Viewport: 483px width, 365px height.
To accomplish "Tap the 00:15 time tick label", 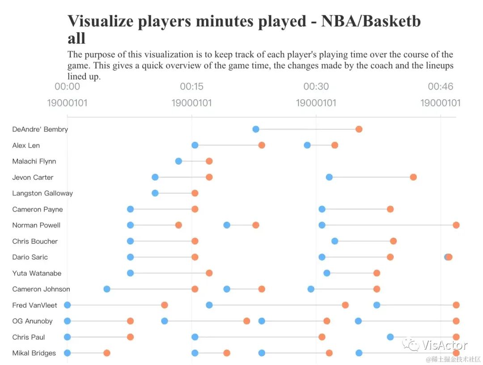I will pos(192,87).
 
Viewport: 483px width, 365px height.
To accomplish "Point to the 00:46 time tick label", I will pos(441,87).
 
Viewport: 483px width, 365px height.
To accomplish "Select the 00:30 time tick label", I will pos(316,87).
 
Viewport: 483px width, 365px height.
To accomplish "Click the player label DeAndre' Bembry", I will pos(40,129).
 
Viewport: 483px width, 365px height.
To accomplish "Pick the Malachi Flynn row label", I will pos(34,161).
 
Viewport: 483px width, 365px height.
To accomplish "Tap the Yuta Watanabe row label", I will pos(37,273).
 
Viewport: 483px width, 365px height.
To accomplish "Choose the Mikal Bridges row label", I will pos(34,353).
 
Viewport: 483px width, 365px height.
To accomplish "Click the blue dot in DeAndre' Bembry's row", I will pos(256,129).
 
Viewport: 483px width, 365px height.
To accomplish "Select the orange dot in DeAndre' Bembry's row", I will pos(359,129).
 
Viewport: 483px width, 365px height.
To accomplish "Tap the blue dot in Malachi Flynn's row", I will pos(178,161).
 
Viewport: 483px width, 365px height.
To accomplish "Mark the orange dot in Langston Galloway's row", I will pos(195,193).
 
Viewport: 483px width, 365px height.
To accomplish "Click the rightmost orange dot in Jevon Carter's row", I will pos(413,177).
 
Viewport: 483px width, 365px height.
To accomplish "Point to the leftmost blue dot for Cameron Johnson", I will pos(107,289).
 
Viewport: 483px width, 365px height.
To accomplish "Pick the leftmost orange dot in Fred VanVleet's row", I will pos(165,305).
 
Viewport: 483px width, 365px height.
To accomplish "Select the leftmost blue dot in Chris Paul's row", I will pos(68,337).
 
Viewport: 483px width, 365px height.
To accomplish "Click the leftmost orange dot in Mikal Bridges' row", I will pos(107,353).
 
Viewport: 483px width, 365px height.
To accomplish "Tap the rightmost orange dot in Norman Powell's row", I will pos(456,225).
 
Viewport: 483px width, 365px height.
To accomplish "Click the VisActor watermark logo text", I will pos(445,345).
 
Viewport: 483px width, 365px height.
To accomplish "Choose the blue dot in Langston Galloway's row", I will pos(155,193).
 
